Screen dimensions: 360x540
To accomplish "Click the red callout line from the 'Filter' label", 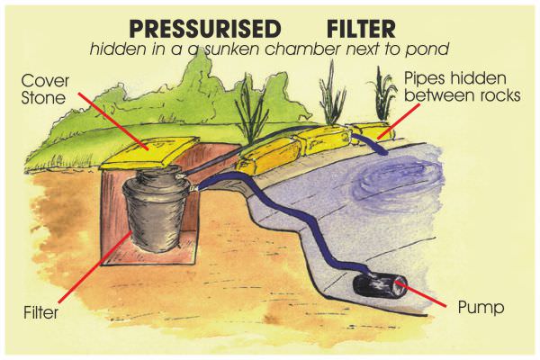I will (x=94, y=270).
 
